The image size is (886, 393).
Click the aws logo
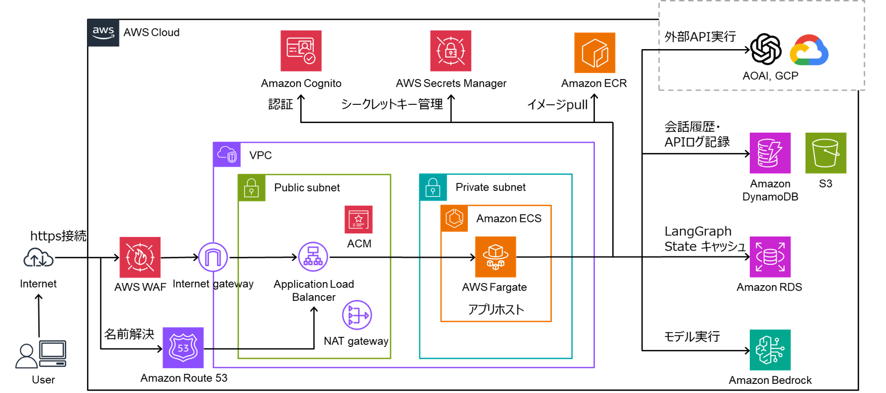click(103, 33)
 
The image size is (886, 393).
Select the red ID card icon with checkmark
click(301, 51)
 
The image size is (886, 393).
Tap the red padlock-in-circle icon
click(451, 51)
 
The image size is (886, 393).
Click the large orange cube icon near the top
click(595, 53)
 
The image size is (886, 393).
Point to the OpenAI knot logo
click(766, 49)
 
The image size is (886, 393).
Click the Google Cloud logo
click(809, 51)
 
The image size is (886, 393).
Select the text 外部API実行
click(700, 36)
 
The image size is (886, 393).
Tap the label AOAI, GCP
click(770, 76)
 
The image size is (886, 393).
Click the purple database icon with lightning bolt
click(770, 153)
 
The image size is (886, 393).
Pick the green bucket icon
click(825, 153)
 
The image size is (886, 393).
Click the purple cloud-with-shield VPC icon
click(227, 154)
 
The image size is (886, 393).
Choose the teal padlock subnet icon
click(433, 187)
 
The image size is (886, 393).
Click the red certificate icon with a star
click(358, 219)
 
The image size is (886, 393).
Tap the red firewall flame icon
click(140, 257)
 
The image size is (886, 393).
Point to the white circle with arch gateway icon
click(213, 257)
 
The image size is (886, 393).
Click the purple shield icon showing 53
click(183, 348)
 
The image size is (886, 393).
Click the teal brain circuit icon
click(770, 350)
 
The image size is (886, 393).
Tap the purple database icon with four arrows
click(770, 257)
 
